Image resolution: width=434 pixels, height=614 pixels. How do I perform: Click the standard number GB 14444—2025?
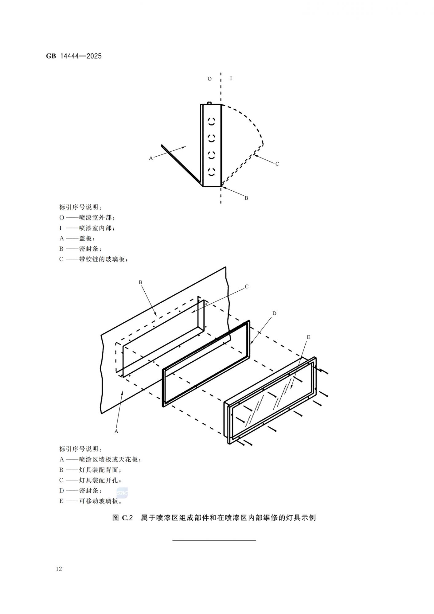[74, 56]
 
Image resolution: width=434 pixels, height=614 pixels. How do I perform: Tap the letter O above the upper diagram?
[209, 79]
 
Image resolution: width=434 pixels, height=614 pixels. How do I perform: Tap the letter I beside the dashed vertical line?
[231, 78]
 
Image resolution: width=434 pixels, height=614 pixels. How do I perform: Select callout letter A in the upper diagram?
[151, 158]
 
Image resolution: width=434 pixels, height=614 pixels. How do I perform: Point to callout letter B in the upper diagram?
[246, 198]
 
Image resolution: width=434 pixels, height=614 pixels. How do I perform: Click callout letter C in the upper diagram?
[277, 164]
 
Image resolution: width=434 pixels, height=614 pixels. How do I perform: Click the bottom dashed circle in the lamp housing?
[212, 172]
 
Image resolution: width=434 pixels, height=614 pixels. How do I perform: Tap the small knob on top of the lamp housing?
[209, 103]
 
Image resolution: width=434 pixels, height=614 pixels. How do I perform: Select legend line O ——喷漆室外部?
[87, 218]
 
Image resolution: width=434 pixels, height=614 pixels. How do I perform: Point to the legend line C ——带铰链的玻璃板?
[93, 259]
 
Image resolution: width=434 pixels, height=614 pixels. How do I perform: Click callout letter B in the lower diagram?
[141, 282]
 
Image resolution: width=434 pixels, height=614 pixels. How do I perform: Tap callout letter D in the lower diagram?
[274, 313]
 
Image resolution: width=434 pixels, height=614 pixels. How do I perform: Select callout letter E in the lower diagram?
[308, 337]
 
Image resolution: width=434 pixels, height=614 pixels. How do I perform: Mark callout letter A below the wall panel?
[116, 431]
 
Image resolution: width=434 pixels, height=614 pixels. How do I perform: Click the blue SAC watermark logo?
[122, 493]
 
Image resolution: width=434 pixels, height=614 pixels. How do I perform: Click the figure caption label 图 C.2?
[123, 518]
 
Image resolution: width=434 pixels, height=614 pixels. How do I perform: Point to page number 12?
[59, 569]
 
